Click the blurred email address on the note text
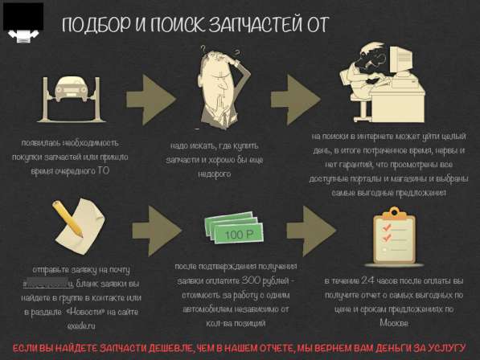coord(47,284)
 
